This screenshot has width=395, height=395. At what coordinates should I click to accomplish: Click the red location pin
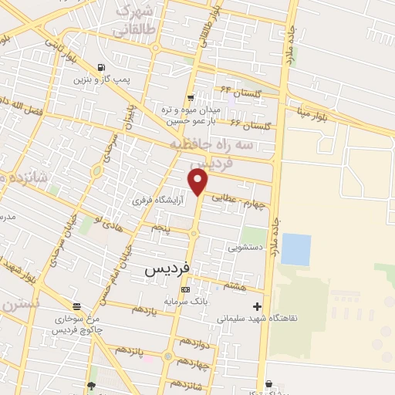[198, 182]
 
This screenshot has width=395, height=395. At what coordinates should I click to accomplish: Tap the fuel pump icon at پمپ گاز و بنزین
[102, 67]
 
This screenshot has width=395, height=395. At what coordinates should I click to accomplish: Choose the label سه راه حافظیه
[245, 144]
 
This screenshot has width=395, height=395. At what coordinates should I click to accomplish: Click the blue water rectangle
[296, 249]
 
